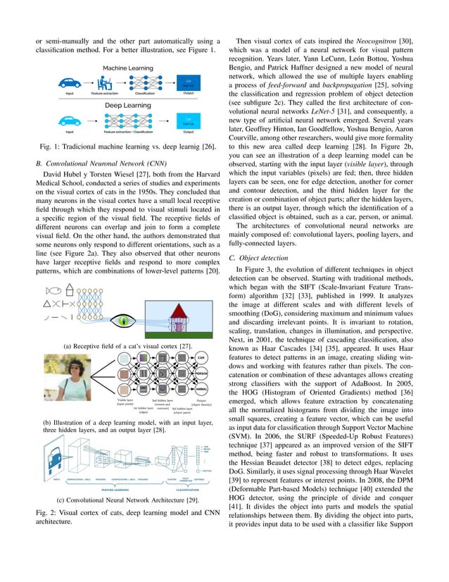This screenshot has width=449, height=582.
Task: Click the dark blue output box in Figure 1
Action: click(x=188, y=81)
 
